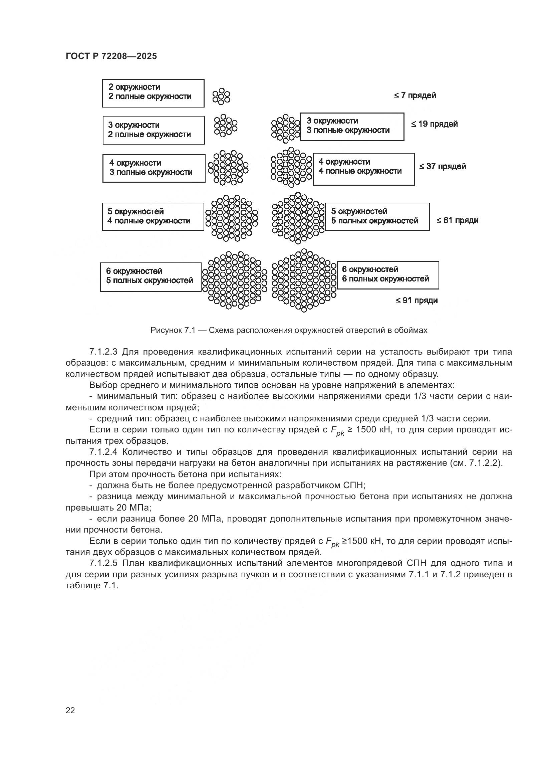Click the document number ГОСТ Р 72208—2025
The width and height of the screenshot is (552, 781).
tap(111, 56)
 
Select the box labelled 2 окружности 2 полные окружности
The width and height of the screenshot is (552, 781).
tap(153, 93)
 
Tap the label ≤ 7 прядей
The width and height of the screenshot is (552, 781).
tap(415, 95)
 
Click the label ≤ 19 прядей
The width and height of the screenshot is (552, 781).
tap(435, 124)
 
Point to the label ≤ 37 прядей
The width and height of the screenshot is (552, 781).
tap(442, 167)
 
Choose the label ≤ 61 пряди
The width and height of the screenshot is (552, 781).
tap(458, 220)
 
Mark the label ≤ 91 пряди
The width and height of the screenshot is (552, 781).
tap(417, 301)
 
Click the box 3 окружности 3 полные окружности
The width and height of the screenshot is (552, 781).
tap(352, 127)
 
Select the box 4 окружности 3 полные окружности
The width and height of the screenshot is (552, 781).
tap(154, 168)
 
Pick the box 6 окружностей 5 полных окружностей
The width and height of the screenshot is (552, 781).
tap(151, 277)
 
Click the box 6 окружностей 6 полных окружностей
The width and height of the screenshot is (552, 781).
tap(387, 275)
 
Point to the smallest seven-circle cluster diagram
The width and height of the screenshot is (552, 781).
tap(221, 96)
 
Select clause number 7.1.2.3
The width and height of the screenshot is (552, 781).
tap(103, 352)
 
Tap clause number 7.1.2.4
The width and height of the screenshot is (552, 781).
tap(103, 452)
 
